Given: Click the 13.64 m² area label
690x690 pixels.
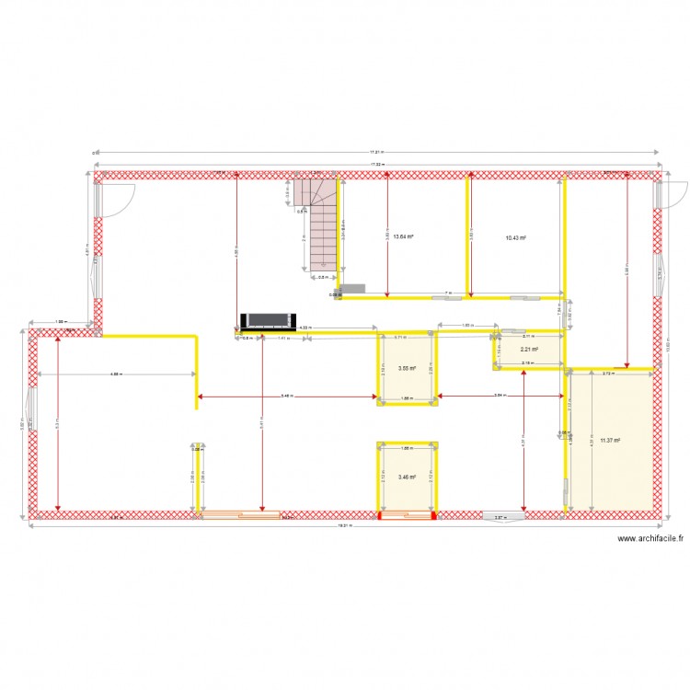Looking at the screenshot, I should [x=404, y=236].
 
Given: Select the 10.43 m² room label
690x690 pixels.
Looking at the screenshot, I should [x=515, y=237].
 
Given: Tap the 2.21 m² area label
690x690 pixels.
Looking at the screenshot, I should [x=528, y=350].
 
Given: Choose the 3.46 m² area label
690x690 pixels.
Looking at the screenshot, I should [x=407, y=477].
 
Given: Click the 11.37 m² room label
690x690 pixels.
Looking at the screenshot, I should [x=609, y=441].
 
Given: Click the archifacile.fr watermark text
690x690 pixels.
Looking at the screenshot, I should [x=650, y=540].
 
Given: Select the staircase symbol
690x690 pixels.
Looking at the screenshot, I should [x=318, y=225].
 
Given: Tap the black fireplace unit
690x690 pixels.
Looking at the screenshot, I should [x=267, y=321].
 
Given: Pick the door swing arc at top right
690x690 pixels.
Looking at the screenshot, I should [x=675, y=195].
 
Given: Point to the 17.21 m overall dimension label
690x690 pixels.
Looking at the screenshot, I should [x=376, y=153].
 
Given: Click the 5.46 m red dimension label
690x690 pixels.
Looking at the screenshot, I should [x=287, y=397].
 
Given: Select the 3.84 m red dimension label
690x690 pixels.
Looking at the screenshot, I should [x=499, y=397].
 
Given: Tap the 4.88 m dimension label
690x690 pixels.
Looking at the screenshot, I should [x=114, y=374].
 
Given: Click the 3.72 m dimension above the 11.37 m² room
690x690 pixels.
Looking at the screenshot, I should [x=608, y=374].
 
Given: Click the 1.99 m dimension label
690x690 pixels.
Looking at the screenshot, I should [x=61, y=322].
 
